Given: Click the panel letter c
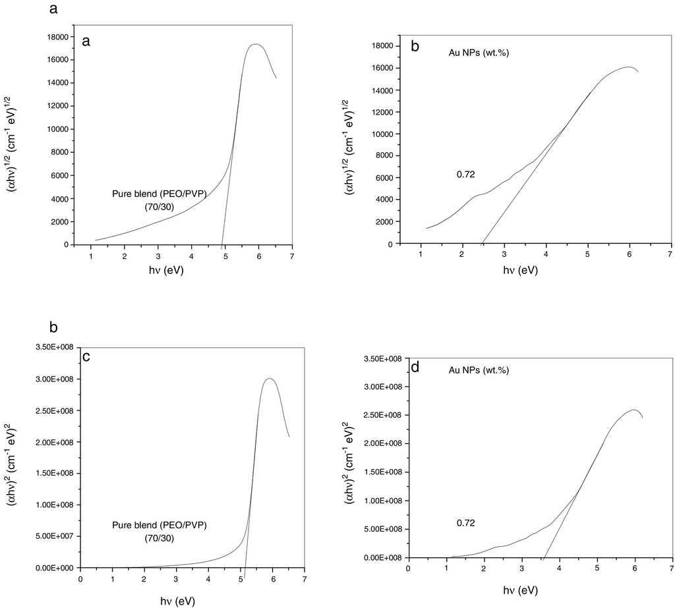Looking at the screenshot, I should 86,357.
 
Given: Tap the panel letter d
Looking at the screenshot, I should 415,367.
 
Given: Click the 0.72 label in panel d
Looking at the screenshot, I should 466,523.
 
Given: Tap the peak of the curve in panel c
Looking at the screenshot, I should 269,378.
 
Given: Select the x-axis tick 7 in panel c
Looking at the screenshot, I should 305,580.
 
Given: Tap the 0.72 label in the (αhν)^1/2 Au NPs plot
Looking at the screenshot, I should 466,175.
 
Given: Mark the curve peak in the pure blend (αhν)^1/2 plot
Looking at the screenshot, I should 256,44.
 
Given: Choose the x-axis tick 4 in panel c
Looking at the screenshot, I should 208,580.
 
